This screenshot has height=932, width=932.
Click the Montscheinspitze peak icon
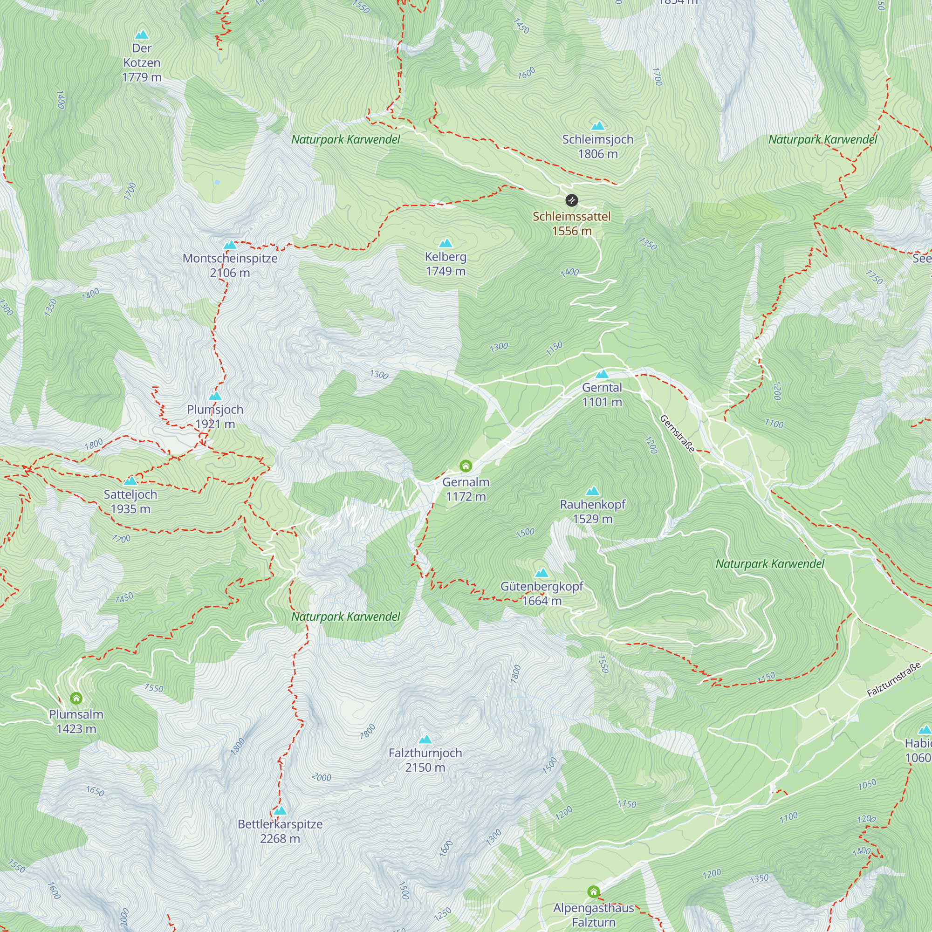230,245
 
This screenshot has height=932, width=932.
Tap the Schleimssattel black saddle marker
571,200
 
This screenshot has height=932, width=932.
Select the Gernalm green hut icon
466,466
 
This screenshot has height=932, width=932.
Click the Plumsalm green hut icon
76,698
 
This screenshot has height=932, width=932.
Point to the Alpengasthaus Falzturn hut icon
593,892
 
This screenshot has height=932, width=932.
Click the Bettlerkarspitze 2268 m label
280,831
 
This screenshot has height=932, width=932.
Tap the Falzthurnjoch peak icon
425,740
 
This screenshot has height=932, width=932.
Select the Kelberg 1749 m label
445,264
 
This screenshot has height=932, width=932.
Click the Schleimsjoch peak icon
598,126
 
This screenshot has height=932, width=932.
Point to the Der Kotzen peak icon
141,35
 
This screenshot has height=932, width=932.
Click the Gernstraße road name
677,434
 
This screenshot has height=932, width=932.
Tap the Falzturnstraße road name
893,680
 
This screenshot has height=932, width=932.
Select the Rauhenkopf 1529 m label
592,511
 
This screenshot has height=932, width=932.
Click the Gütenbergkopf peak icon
542,573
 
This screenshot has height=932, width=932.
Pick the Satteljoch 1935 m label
130,502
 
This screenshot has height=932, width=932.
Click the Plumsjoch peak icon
215,396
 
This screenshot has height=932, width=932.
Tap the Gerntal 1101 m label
602,395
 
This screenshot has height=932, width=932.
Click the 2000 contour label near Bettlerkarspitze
321,777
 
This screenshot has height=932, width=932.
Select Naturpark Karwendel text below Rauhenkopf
769,564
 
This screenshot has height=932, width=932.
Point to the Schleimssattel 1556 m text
571,224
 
